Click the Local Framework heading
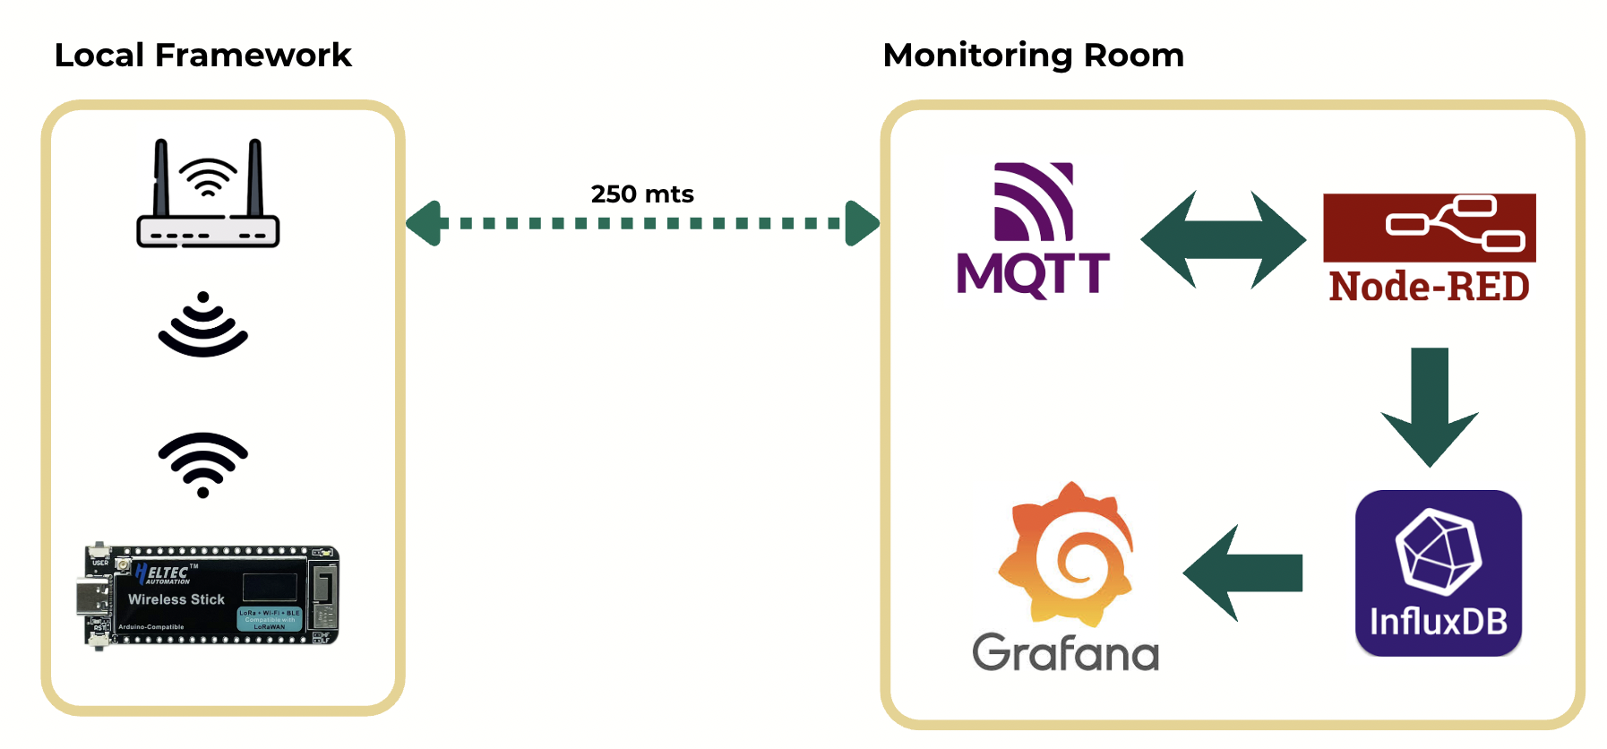click(x=202, y=56)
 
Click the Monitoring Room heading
click(x=1033, y=56)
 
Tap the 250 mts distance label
click(x=642, y=194)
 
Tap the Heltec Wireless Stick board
click(x=211, y=595)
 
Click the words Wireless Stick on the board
click(x=176, y=599)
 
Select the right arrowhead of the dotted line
click(x=862, y=223)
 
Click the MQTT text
click(x=1033, y=273)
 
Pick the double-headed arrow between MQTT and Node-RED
click(x=1223, y=239)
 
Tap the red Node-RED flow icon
click(x=1429, y=228)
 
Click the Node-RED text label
click(x=1429, y=287)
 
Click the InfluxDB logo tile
click(x=1438, y=573)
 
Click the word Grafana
click(x=1065, y=652)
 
